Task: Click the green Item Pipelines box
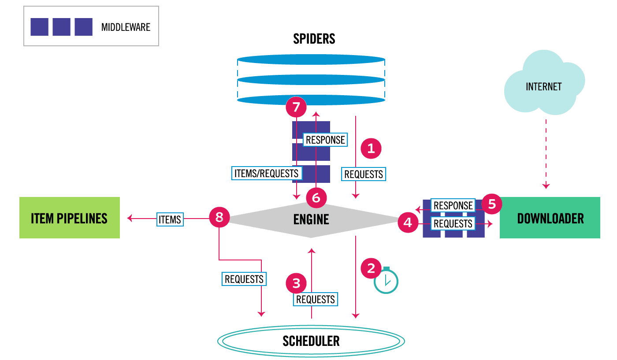[x=70, y=218]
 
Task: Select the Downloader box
[x=550, y=218]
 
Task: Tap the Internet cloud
[x=544, y=83]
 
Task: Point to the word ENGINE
[x=311, y=219]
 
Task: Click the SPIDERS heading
[x=314, y=39]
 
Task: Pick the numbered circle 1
[x=371, y=148]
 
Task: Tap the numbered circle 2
[x=371, y=268]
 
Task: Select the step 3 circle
[x=296, y=283]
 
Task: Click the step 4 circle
[x=408, y=222]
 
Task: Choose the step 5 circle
[x=492, y=204]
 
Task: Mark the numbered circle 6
[x=316, y=198]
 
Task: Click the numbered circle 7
[x=296, y=107]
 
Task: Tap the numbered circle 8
[x=219, y=217]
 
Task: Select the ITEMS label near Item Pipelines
[x=170, y=219]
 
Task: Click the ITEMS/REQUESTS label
[x=266, y=173]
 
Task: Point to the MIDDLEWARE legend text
[x=126, y=27]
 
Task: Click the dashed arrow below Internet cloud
[x=546, y=154]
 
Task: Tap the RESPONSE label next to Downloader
[x=453, y=205]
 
